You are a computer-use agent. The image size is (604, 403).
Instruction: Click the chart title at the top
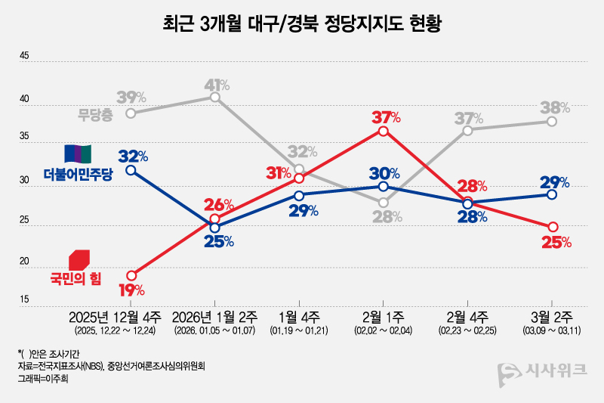click(302, 24)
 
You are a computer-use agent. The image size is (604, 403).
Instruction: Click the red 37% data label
click(385, 117)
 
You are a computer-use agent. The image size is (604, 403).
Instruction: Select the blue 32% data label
click(132, 157)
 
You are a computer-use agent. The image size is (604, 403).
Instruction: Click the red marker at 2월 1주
click(384, 132)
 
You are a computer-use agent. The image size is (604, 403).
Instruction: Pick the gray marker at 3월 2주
click(552, 122)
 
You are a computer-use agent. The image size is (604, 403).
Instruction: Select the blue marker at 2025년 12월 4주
click(131, 171)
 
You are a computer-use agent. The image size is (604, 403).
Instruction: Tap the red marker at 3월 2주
click(552, 227)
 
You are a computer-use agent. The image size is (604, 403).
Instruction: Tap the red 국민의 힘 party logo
click(79, 259)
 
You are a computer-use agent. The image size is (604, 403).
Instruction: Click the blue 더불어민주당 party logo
click(78, 154)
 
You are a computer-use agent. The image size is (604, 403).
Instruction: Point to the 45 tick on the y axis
click(24, 56)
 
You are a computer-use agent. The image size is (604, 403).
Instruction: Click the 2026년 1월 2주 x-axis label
click(215, 316)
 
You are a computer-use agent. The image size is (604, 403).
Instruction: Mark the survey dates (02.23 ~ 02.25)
click(468, 330)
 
